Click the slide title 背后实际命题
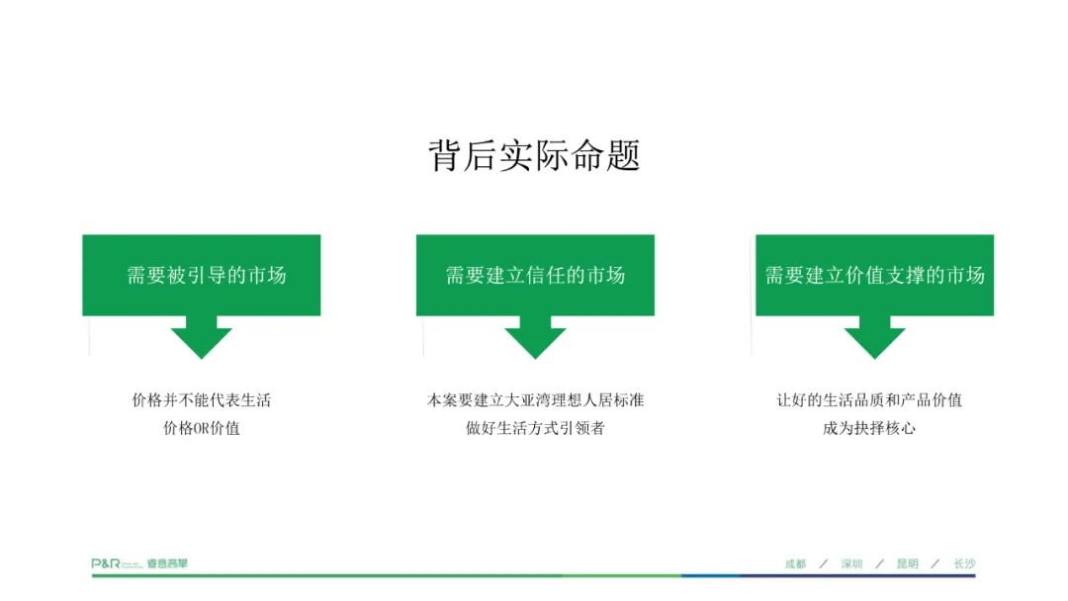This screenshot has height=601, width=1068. pos(534,155)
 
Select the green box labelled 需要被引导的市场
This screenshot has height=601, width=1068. pos(202,275)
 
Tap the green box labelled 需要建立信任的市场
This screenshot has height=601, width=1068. pos(535,275)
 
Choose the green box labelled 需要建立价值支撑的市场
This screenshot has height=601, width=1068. pos(874,275)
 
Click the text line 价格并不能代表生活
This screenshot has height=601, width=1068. pos(202,400)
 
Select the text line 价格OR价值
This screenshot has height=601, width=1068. pos(202,428)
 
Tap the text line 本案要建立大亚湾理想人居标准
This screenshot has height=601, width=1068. pos(535,400)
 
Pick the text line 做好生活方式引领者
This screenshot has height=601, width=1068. pos(535,428)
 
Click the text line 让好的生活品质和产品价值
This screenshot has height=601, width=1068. pos(869,400)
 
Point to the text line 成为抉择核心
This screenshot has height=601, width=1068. pos(869,428)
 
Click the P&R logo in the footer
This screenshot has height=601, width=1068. pos(106,563)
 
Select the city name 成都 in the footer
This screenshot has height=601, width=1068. pos(795,563)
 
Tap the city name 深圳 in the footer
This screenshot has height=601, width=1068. pos(851,563)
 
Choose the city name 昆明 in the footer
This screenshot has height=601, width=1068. pos(907,563)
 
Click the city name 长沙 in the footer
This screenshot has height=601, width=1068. pos(964,563)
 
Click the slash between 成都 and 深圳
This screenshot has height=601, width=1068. pos(824,563)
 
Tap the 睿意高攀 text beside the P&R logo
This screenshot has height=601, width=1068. pos(167,563)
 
